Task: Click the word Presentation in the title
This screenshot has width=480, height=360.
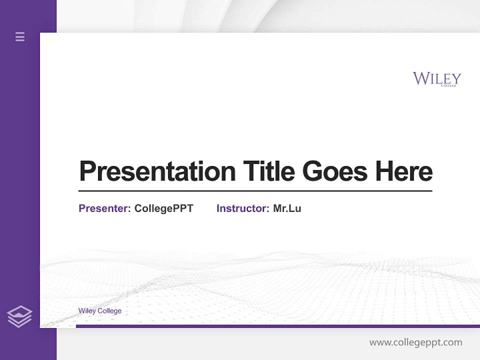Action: (x=157, y=171)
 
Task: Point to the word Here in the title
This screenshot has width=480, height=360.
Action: (x=404, y=171)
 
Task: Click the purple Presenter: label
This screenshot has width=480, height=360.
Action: (x=104, y=208)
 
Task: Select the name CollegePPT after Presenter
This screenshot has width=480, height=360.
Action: (x=163, y=208)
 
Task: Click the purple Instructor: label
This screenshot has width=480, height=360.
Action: (x=242, y=208)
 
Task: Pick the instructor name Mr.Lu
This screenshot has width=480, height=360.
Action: (x=287, y=208)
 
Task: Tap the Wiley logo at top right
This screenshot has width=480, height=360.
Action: (x=436, y=79)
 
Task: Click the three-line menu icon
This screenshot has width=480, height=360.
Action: (x=20, y=36)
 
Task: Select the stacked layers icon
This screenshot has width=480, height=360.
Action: (x=19, y=316)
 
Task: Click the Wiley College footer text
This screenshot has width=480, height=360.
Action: (x=100, y=311)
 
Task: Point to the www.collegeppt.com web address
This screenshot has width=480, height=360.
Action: (x=415, y=342)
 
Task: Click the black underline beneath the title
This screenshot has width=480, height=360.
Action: (x=255, y=190)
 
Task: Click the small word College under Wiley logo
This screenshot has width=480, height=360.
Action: (x=448, y=85)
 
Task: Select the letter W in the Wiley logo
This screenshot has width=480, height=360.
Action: (x=420, y=78)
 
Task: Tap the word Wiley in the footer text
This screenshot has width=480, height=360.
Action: (x=87, y=311)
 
